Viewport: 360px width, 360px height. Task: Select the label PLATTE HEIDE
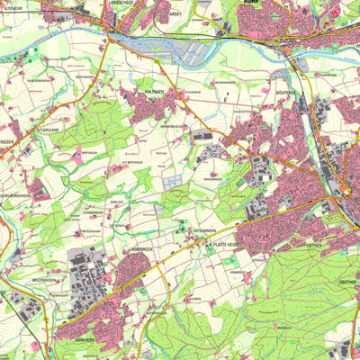point(225,244)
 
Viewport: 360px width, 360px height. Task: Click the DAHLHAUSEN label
point(85,78)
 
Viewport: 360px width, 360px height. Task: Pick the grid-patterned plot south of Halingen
point(175,181)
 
